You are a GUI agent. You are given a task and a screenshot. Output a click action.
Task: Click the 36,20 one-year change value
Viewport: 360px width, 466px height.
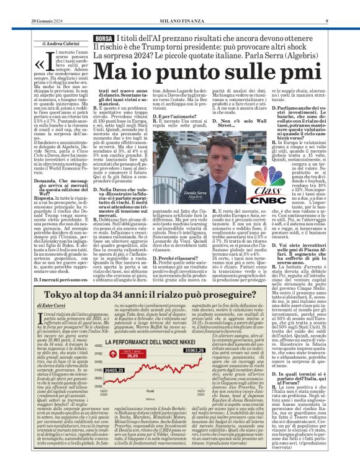[131, 356]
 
